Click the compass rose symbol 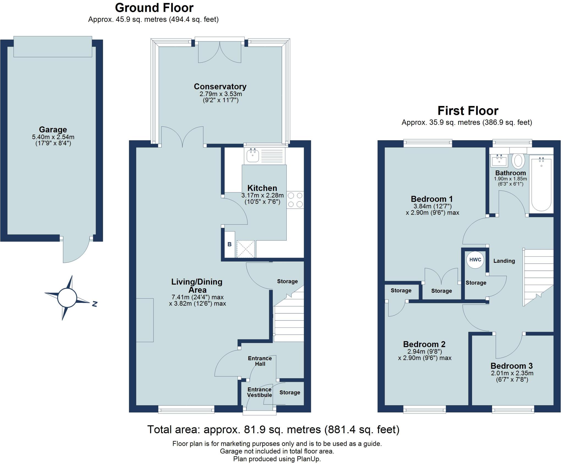(67, 298)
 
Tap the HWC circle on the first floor (475, 260)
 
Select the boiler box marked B (230, 244)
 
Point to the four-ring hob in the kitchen (295, 200)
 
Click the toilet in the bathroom (518, 161)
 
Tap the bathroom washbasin (499, 160)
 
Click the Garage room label (53, 129)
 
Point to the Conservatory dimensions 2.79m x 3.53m (220, 94)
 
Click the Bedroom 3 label (511, 366)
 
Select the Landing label (504, 261)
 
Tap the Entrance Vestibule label (259, 392)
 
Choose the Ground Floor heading (154, 8)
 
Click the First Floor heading (468, 111)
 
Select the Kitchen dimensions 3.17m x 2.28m (262, 195)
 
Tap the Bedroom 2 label (424, 344)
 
